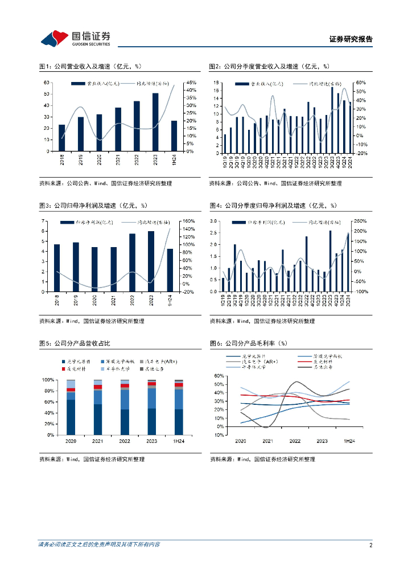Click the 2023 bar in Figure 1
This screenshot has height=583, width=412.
point(155,122)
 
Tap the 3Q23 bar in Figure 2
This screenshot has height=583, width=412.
point(332,120)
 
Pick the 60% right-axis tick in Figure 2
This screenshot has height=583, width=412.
point(360,83)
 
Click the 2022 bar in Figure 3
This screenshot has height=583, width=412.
point(132,262)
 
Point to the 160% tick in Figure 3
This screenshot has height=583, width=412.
point(189,221)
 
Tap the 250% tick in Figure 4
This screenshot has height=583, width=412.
point(361,221)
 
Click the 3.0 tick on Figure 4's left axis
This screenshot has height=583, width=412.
point(214,221)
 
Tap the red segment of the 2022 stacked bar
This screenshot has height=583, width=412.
point(125,385)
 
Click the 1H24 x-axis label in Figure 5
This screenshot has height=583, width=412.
point(179,441)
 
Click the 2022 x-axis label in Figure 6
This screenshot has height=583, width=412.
point(295,441)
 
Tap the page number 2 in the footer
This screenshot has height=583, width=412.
point(370,545)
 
